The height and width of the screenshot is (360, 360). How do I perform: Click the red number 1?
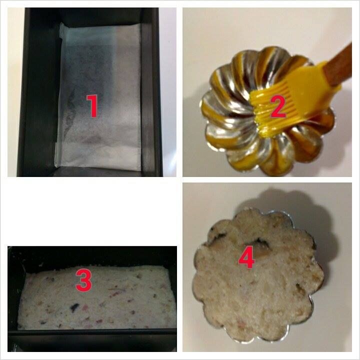pyautogui.click(x=92, y=106)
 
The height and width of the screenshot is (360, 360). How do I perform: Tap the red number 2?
pyautogui.click(x=278, y=106)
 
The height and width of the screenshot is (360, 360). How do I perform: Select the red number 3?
pyautogui.click(x=84, y=280)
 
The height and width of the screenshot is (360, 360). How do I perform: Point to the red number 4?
pyautogui.click(x=246, y=257)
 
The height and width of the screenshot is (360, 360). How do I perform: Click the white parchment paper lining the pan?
pyautogui.click(x=98, y=96)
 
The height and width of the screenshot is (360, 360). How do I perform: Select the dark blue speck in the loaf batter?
pyautogui.click(x=74, y=307)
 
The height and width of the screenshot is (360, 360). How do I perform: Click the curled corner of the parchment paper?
pyautogui.click(x=61, y=30)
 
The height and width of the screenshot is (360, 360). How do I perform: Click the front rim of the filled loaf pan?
pyautogui.click(x=92, y=332)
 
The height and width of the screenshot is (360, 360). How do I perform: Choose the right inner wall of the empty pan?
pyautogui.click(x=147, y=92)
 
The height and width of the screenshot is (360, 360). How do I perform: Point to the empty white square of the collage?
pyautogui.click(x=92, y=211)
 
